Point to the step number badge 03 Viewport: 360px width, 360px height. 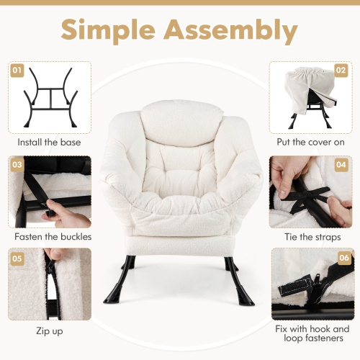coord(17,165)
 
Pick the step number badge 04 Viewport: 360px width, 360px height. coord(341,165)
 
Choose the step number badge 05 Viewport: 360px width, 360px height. coord(17,257)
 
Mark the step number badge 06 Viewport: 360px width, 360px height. coord(341,257)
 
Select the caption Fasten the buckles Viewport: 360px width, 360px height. coord(52,236)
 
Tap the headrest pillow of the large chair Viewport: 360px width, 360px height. coord(180,115)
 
